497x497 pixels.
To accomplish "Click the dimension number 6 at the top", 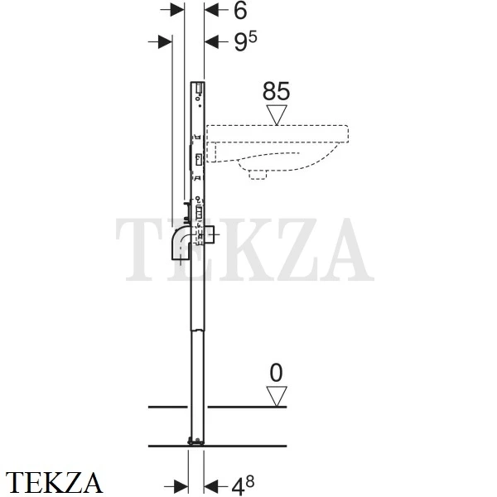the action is click(240, 11).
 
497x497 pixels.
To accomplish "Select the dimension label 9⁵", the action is click(245, 42).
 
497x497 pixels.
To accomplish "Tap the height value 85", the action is click(276, 91).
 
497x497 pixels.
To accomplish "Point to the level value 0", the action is click(276, 373).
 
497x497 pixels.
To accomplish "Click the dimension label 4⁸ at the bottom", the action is click(243, 485).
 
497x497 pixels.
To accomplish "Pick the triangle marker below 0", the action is click(277, 396).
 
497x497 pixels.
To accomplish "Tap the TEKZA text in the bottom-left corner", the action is click(54, 483).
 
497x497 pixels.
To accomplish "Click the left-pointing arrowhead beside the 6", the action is click(212, 10).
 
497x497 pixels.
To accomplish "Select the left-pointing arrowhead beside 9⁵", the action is click(212, 41).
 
